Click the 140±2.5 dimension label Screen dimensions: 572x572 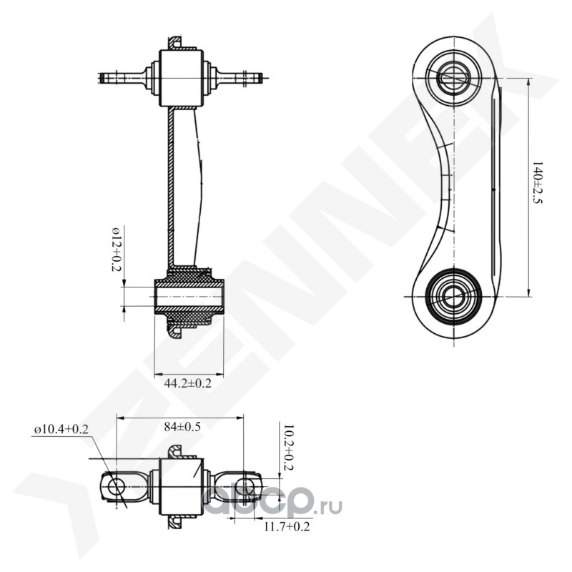tap(538, 185)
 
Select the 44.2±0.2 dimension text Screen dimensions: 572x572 tap(188, 383)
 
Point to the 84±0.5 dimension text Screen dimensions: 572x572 tap(182, 427)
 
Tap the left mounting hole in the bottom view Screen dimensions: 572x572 tap(116, 488)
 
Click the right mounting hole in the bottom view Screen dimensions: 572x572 tap(246, 488)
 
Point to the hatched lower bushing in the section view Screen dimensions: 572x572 tap(189, 292)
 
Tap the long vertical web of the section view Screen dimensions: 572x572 tap(171, 186)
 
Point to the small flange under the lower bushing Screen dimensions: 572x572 tap(175, 330)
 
